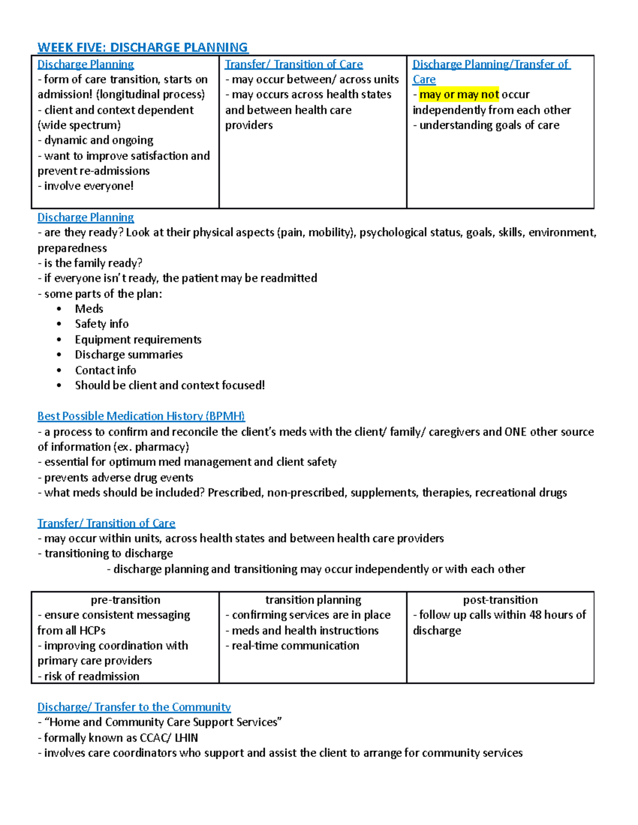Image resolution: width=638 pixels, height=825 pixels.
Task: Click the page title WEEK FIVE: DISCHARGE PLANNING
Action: (142, 47)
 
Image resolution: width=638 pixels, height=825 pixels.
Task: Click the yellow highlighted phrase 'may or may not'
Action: (459, 95)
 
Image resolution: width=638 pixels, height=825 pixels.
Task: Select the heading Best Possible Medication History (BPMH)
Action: (141, 416)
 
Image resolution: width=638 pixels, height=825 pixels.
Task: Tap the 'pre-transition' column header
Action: (125, 600)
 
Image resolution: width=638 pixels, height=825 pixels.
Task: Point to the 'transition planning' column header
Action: (313, 600)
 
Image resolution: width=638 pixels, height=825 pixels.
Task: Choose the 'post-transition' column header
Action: (500, 600)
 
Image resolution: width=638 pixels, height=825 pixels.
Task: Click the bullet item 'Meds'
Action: (89, 309)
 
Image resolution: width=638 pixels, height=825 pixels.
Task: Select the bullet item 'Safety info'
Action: (102, 324)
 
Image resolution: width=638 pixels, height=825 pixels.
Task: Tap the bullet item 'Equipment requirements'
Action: (138, 339)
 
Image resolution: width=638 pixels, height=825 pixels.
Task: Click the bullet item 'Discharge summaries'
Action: (129, 355)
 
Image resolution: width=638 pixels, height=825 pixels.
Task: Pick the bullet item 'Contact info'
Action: (105, 370)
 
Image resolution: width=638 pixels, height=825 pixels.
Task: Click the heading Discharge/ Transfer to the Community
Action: (134, 707)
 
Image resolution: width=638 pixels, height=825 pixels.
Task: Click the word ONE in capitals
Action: (515, 432)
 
